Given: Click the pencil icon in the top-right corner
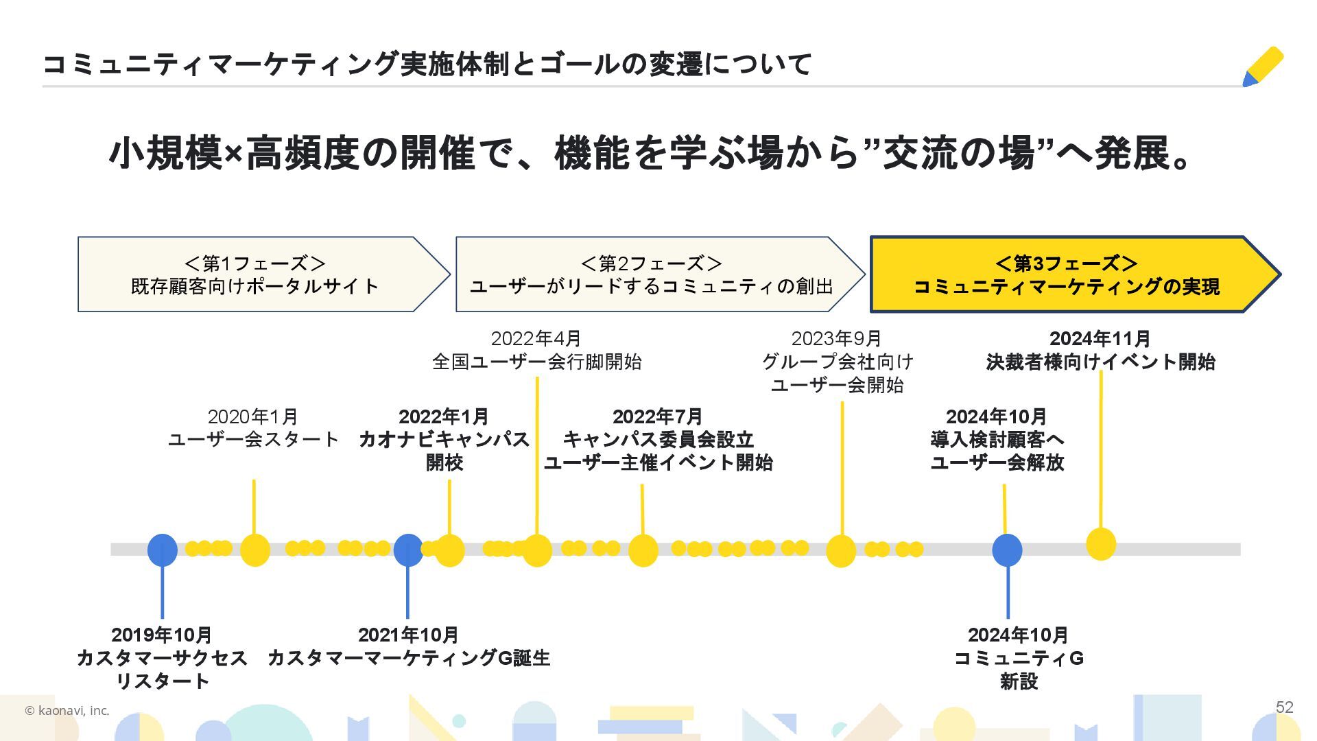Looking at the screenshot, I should (x=1263, y=67).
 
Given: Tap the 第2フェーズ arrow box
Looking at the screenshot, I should (x=652, y=274).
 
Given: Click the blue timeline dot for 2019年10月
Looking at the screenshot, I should (x=163, y=550).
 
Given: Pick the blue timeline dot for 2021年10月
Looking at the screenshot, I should (x=408, y=550).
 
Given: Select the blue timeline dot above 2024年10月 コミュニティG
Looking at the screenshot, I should (x=1007, y=550).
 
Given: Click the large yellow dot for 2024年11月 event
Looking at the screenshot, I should (x=1101, y=544).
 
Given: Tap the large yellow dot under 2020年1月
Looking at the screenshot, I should (x=254, y=550).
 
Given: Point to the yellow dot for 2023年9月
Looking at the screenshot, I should (x=841, y=550).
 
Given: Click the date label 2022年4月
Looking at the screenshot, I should (x=536, y=338).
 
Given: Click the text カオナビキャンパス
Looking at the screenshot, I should (x=444, y=439).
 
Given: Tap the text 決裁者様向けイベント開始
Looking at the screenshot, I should (x=1100, y=362).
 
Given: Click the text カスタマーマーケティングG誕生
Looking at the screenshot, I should (x=408, y=658).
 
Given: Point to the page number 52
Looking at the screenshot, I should (x=1284, y=707).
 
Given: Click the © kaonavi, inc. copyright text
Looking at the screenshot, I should (x=67, y=711).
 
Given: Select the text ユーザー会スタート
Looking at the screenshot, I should (x=253, y=439).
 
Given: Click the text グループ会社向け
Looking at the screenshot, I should (x=838, y=362).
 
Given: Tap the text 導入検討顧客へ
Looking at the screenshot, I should (x=997, y=439).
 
